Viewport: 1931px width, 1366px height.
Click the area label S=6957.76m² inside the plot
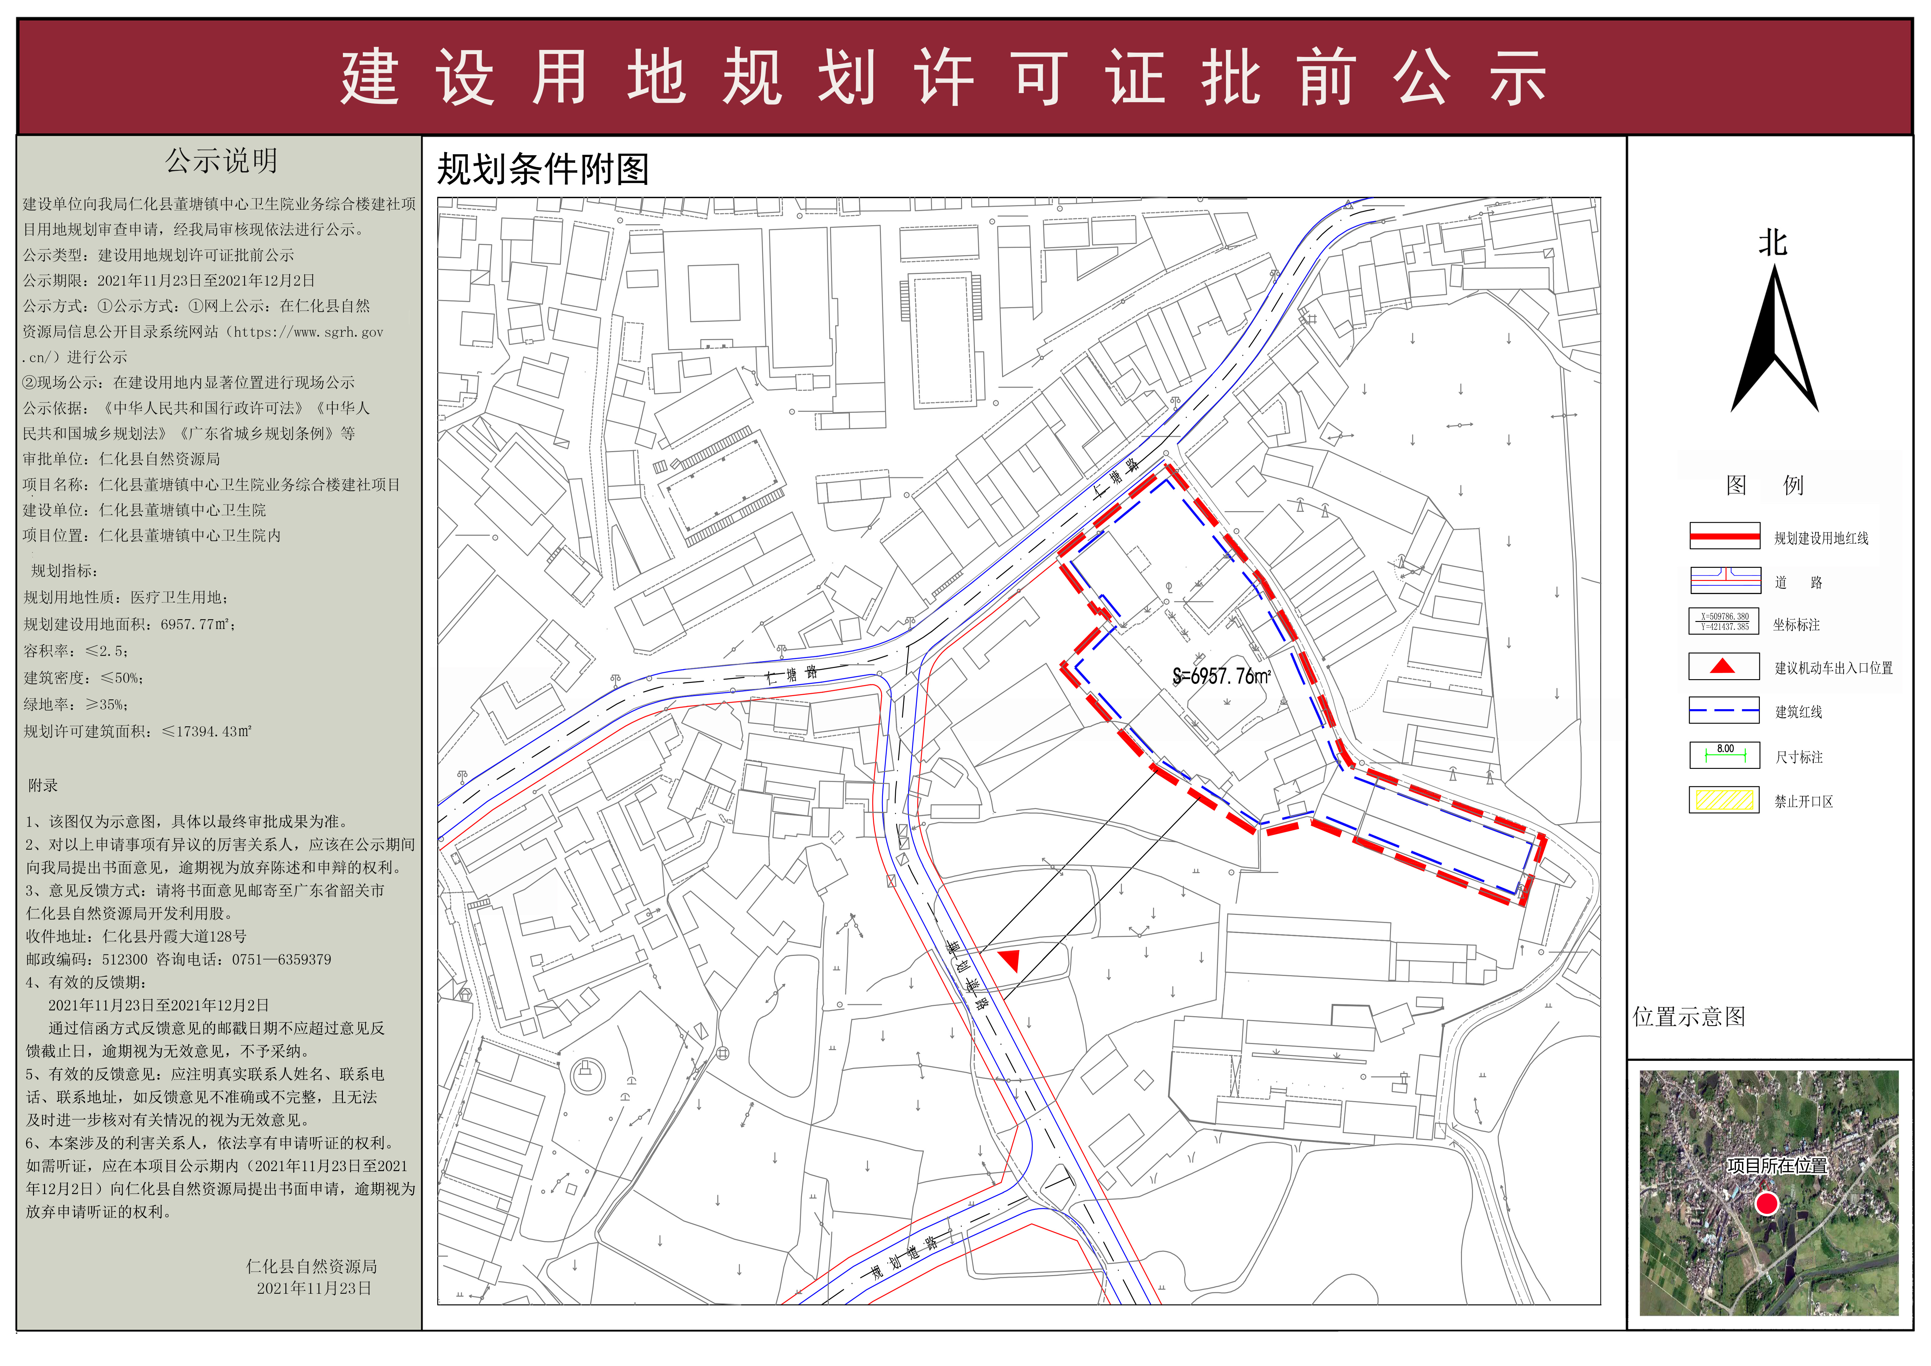click(x=1222, y=676)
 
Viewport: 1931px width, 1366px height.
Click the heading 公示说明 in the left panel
click(x=221, y=161)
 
